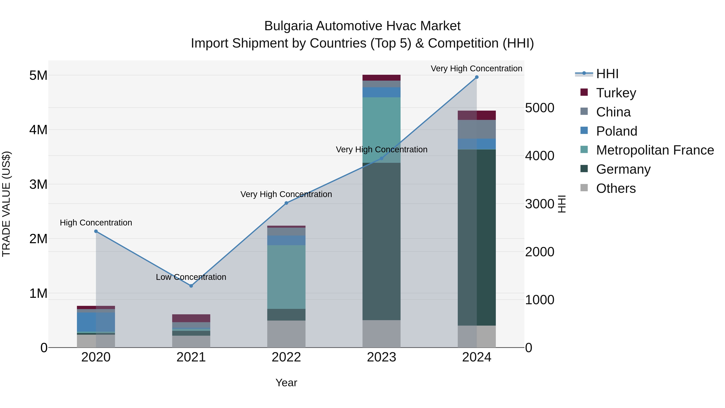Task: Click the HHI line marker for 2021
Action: pyautogui.click(x=191, y=286)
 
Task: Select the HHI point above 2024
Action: pyautogui.click(x=477, y=77)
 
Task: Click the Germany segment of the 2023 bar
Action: pyautogui.click(x=381, y=241)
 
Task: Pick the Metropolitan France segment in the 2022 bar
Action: pyautogui.click(x=286, y=277)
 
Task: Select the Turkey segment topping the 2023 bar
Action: pyautogui.click(x=381, y=78)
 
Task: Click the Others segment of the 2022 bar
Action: pyautogui.click(x=286, y=334)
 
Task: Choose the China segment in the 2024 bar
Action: pyautogui.click(x=477, y=129)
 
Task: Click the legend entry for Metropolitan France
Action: pyautogui.click(x=655, y=150)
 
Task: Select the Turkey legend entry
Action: pyautogui.click(x=616, y=93)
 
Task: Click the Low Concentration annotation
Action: pyautogui.click(x=191, y=277)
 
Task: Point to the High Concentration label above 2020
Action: pyautogui.click(x=96, y=223)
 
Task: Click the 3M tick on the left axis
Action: pyautogui.click(x=38, y=184)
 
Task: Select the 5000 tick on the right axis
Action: pyautogui.click(x=540, y=108)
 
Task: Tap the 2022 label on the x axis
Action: pyautogui.click(x=286, y=357)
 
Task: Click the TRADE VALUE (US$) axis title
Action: pyautogui.click(x=6, y=204)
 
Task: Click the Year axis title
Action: pyautogui.click(x=286, y=383)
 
